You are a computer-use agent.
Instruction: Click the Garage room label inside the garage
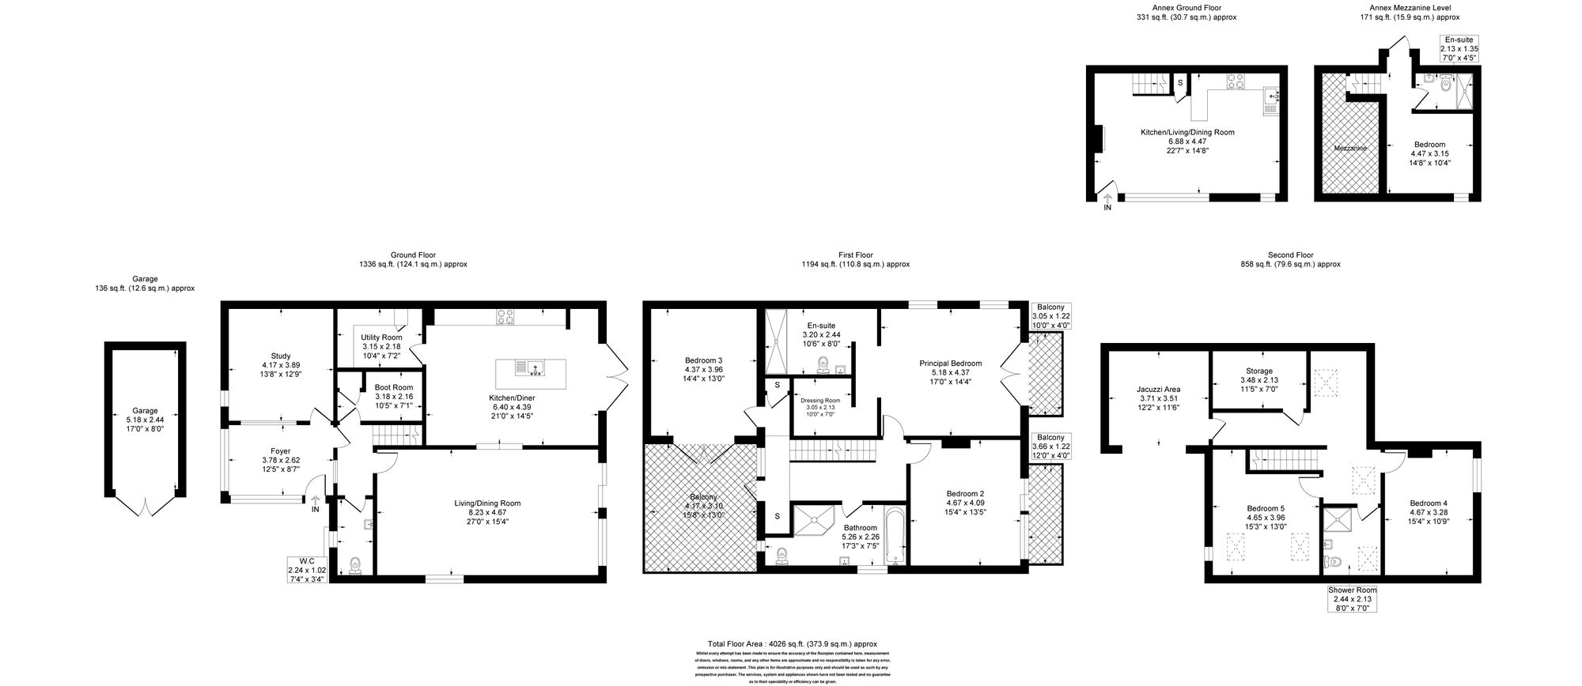click(x=145, y=411)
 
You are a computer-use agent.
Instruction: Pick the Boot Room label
click(x=393, y=387)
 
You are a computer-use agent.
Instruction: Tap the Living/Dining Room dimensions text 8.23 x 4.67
click(x=487, y=512)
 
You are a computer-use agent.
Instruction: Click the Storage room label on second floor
click(x=1259, y=371)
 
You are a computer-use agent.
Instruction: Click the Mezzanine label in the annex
click(x=1350, y=148)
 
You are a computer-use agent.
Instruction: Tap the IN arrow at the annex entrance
click(x=1107, y=202)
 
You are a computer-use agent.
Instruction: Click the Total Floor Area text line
click(x=792, y=644)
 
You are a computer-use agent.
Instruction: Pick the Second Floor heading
click(x=1290, y=255)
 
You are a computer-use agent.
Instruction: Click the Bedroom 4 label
click(x=1428, y=503)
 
